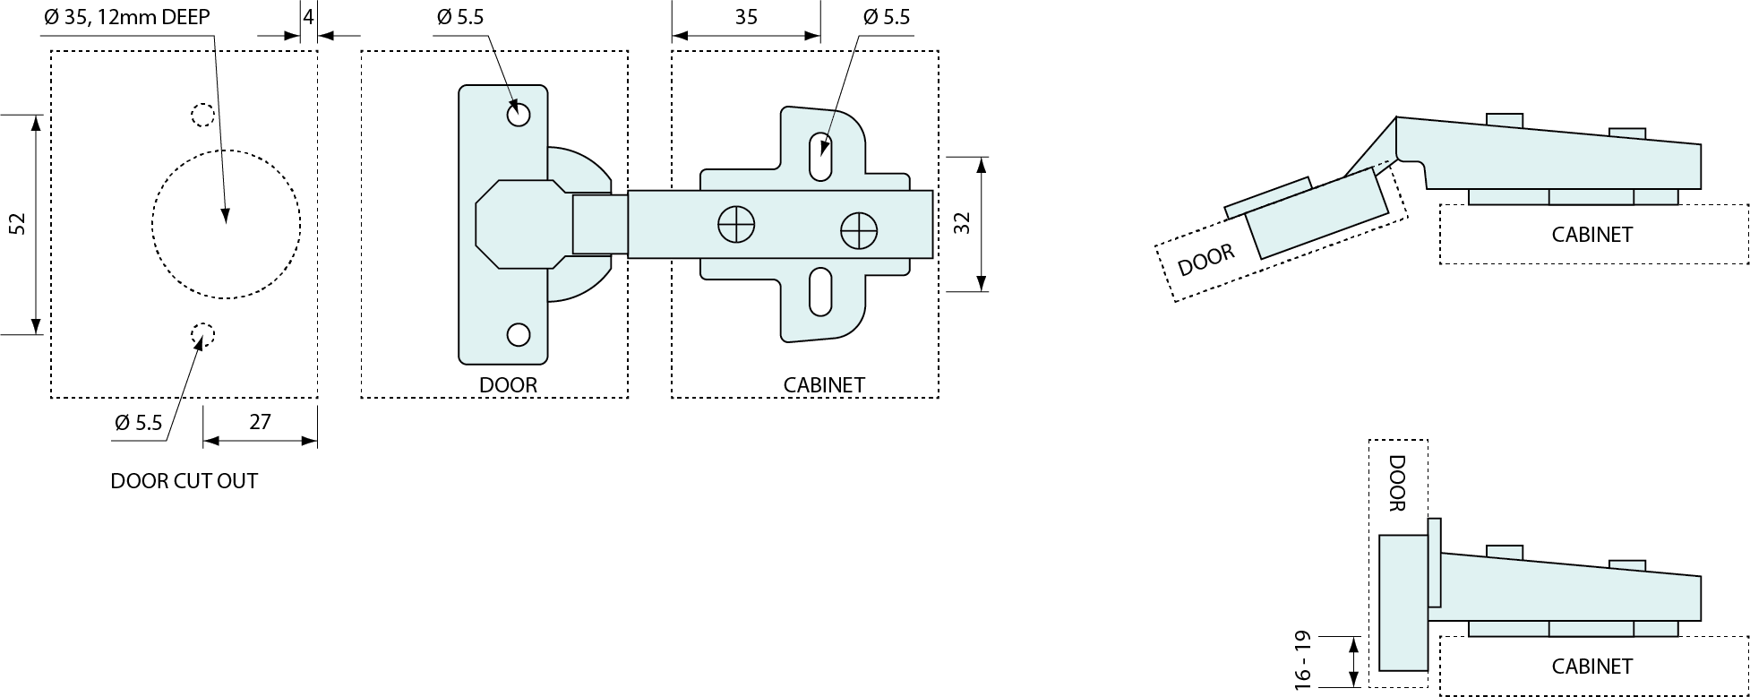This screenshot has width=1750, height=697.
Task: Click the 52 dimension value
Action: [x=17, y=224]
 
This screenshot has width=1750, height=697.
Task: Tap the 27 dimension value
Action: [x=260, y=422]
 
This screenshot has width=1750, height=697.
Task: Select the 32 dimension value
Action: [x=963, y=224]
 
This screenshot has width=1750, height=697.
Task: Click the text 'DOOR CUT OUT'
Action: [x=184, y=481]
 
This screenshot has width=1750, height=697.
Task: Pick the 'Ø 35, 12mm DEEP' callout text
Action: [x=126, y=17]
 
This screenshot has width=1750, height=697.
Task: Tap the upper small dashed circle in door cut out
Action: [x=203, y=115]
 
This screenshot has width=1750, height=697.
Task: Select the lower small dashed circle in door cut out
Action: [x=203, y=334]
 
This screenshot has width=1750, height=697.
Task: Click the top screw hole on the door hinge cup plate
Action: [x=519, y=115]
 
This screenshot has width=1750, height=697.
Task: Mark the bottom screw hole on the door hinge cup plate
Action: [x=519, y=334]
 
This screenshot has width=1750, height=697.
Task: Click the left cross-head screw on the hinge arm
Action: [x=736, y=224]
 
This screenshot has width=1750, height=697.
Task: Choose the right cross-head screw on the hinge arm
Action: [x=859, y=231]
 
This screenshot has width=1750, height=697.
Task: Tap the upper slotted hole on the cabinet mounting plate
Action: [x=820, y=157]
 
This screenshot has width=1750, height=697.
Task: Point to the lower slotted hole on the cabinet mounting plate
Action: [x=820, y=292]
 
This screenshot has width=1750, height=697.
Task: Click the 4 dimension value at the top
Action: [x=309, y=17]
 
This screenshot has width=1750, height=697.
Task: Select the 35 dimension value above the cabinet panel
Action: [x=746, y=17]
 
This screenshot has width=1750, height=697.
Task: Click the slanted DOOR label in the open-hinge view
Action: [x=1205, y=260]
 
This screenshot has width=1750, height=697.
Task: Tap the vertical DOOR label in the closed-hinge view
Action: [x=1396, y=483]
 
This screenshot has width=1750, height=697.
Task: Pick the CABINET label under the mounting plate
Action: [x=824, y=385]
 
